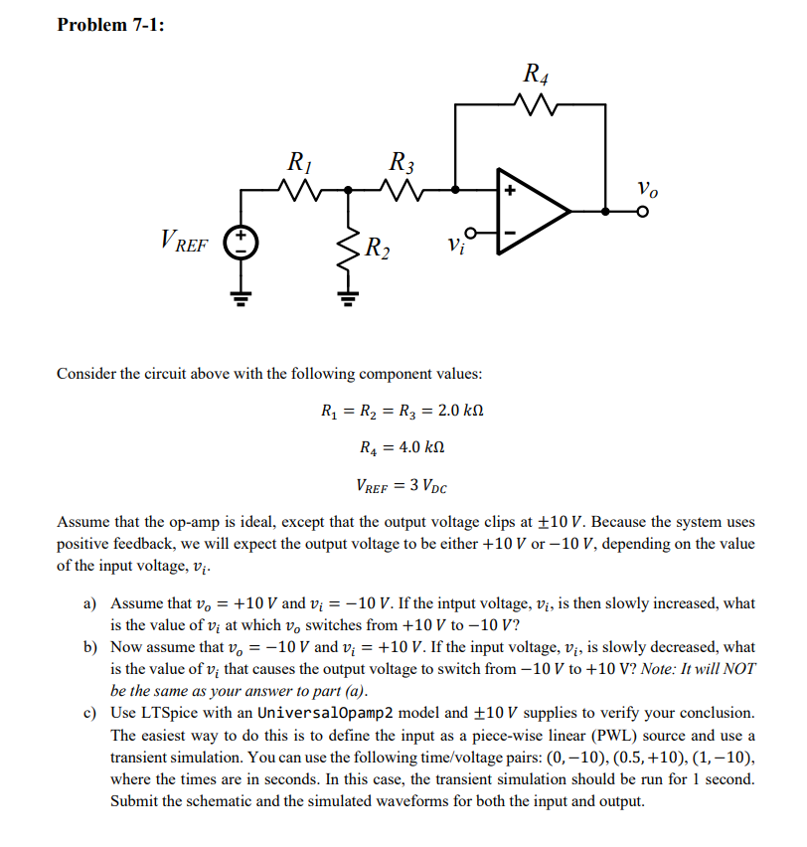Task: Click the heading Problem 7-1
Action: (110, 25)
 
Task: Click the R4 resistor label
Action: (534, 74)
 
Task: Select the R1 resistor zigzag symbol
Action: (296, 187)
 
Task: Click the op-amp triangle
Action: (533, 211)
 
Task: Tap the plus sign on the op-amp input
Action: (509, 189)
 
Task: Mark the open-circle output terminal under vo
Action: (644, 212)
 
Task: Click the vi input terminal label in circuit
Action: (453, 242)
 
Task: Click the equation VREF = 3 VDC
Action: (402, 486)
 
